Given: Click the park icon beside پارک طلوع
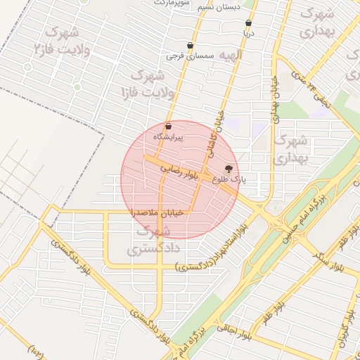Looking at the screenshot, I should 228,169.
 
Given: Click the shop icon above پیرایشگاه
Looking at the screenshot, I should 167,127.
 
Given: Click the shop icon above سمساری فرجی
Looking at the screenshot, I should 190,46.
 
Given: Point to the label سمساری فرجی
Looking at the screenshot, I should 184,56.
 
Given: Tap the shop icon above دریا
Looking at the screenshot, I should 248,23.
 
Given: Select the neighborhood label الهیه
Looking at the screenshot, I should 230,55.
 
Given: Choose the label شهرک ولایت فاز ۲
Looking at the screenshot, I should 62,41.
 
